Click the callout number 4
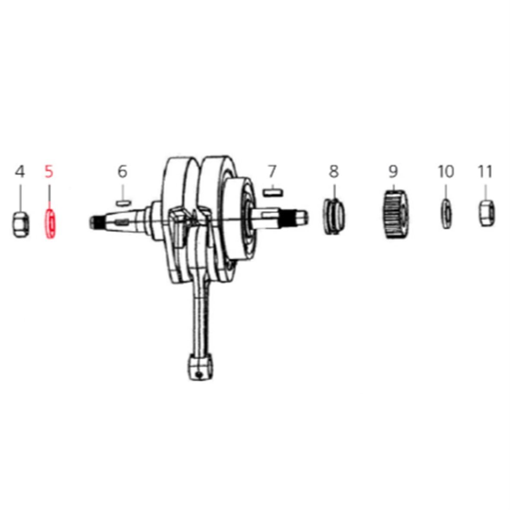point(20,172)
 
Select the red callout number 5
point(49,172)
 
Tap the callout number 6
point(122,172)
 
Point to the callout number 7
point(272,172)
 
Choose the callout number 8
point(334,172)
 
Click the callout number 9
point(393,172)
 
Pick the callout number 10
point(446,172)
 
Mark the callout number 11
point(485,172)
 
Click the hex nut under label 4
point(21,224)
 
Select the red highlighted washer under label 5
point(50,224)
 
